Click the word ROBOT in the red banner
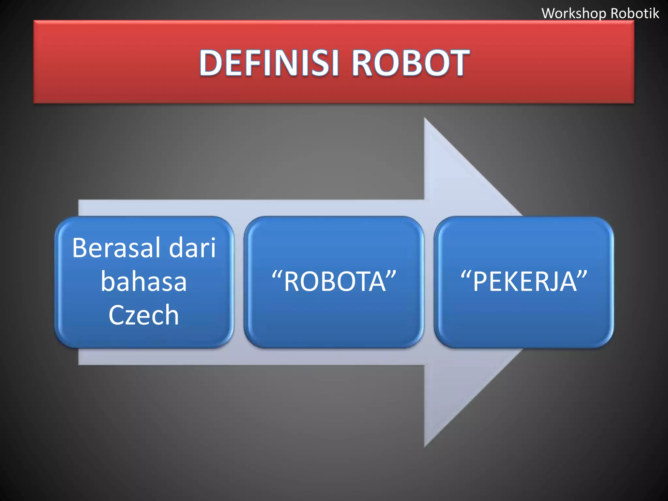tap(410, 63)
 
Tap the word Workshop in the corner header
tap(574, 14)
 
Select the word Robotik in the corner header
tap(635, 13)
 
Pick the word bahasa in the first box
tap(144, 281)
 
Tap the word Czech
tap(144, 315)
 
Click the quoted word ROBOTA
tap(335, 281)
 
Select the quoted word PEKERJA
tap(524, 281)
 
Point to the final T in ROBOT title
tap(457, 63)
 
